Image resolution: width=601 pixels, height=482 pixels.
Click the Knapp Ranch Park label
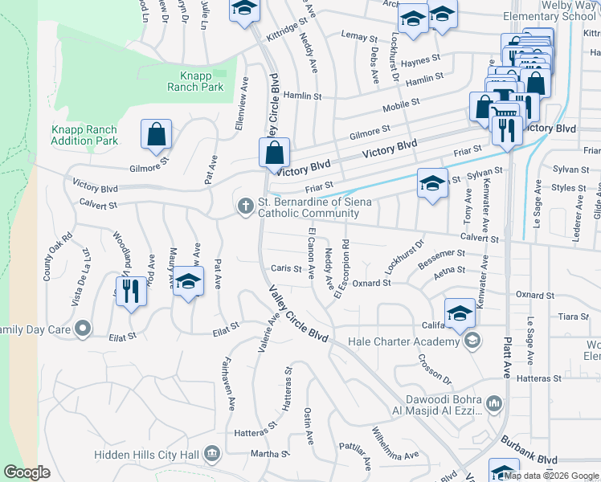tap(196, 80)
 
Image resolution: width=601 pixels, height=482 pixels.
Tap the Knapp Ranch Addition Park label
tap(84, 135)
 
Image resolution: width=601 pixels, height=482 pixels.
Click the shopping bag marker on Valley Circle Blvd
tap(274, 152)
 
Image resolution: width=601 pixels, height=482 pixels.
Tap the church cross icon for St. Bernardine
tap(245, 207)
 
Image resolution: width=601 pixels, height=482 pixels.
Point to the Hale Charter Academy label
tap(404, 341)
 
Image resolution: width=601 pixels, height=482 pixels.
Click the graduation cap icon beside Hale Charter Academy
tap(460, 313)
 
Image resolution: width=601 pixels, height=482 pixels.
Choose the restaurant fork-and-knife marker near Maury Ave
tap(131, 291)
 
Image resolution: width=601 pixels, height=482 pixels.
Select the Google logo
tap(27, 472)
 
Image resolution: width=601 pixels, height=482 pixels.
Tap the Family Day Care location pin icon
tap(82, 329)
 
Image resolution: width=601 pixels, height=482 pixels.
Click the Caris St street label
tap(286, 269)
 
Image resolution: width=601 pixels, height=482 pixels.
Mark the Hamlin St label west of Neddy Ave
tap(306, 96)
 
